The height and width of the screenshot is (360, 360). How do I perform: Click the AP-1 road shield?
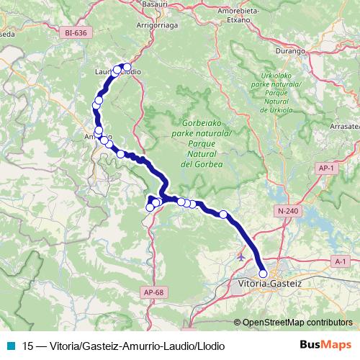pyautogui.click(x=326, y=168)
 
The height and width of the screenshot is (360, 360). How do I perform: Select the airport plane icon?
pyautogui.click(x=241, y=255)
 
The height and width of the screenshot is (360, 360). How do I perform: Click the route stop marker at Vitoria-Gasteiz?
pyautogui.click(x=263, y=273)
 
